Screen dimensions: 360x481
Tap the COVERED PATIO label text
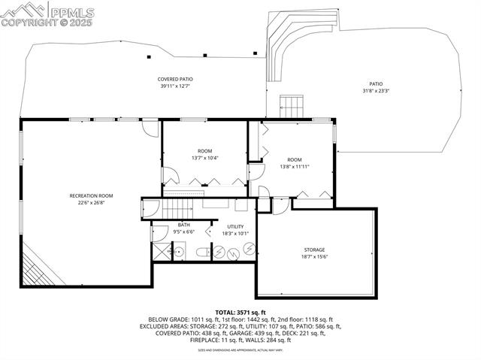coord(176,79)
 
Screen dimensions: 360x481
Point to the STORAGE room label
coord(315,250)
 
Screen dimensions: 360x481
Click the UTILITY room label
coord(235,226)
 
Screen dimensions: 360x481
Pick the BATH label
coord(184,225)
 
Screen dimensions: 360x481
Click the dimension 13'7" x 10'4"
coord(205,158)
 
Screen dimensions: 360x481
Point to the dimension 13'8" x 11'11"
coord(294,166)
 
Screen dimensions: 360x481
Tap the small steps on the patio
coord(292,104)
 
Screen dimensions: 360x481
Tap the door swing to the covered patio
coord(152,129)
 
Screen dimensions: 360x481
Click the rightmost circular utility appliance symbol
coord(247,250)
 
